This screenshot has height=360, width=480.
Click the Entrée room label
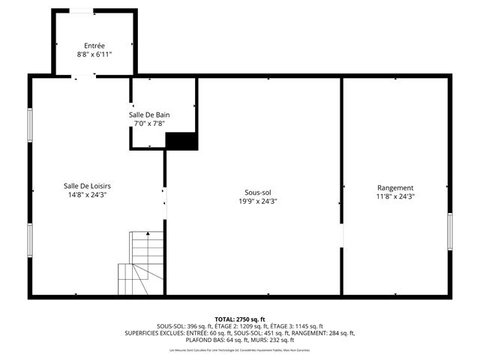tap(94, 46)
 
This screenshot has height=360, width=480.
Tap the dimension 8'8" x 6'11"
tap(94, 55)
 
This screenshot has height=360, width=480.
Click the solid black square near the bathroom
tap(181, 141)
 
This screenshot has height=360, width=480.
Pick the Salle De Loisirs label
tap(88, 185)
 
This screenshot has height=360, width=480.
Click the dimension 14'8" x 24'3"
tap(88, 195)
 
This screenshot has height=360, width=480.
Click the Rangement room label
tap(395, 187)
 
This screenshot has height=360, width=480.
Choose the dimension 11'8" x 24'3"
tap(395, 196)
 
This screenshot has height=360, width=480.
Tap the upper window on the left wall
tap(30, 124)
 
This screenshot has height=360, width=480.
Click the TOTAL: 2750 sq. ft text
tap(239, 319)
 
